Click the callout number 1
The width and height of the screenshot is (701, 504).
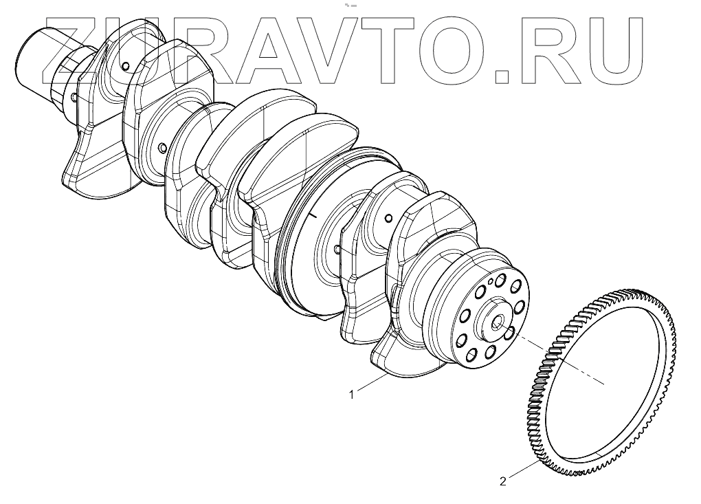351,395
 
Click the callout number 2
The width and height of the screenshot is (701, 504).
503,481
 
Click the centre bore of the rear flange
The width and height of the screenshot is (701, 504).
498,323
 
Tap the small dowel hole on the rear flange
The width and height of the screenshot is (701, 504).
491,282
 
